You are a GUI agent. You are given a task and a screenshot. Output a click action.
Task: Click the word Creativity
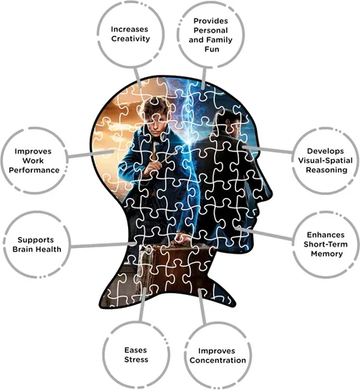[x=130, y=39]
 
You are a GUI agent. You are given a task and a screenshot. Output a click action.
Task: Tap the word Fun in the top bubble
[x=212, y=49]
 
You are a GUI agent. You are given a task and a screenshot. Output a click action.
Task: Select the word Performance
[x=34, y=170]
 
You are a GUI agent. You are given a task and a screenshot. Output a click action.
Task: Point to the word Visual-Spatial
[x=325, y=161]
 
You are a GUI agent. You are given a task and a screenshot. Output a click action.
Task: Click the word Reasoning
[x=326, y=170]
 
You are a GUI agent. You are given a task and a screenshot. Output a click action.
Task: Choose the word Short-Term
[x=326, y=244]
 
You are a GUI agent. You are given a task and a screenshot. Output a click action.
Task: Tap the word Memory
[x=326, y=253]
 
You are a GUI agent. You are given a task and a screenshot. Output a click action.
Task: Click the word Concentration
[x=218, y=360]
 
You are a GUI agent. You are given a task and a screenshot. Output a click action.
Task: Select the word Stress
[x=136, y=360]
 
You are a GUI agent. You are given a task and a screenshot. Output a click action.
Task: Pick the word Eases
[x=136, y=350]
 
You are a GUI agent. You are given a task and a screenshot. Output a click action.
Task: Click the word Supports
[x=36, y=239]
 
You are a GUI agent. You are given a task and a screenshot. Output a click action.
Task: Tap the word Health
[x=48, y=250]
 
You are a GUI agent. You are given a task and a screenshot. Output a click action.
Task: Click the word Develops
[x=326, y=151]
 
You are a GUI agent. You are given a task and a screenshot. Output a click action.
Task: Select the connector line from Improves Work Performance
[x=91, y=154]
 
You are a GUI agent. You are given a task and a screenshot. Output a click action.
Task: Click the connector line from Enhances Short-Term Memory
[x=264, y=233]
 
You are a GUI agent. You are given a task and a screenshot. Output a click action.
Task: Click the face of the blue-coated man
[x=155, y=123]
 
